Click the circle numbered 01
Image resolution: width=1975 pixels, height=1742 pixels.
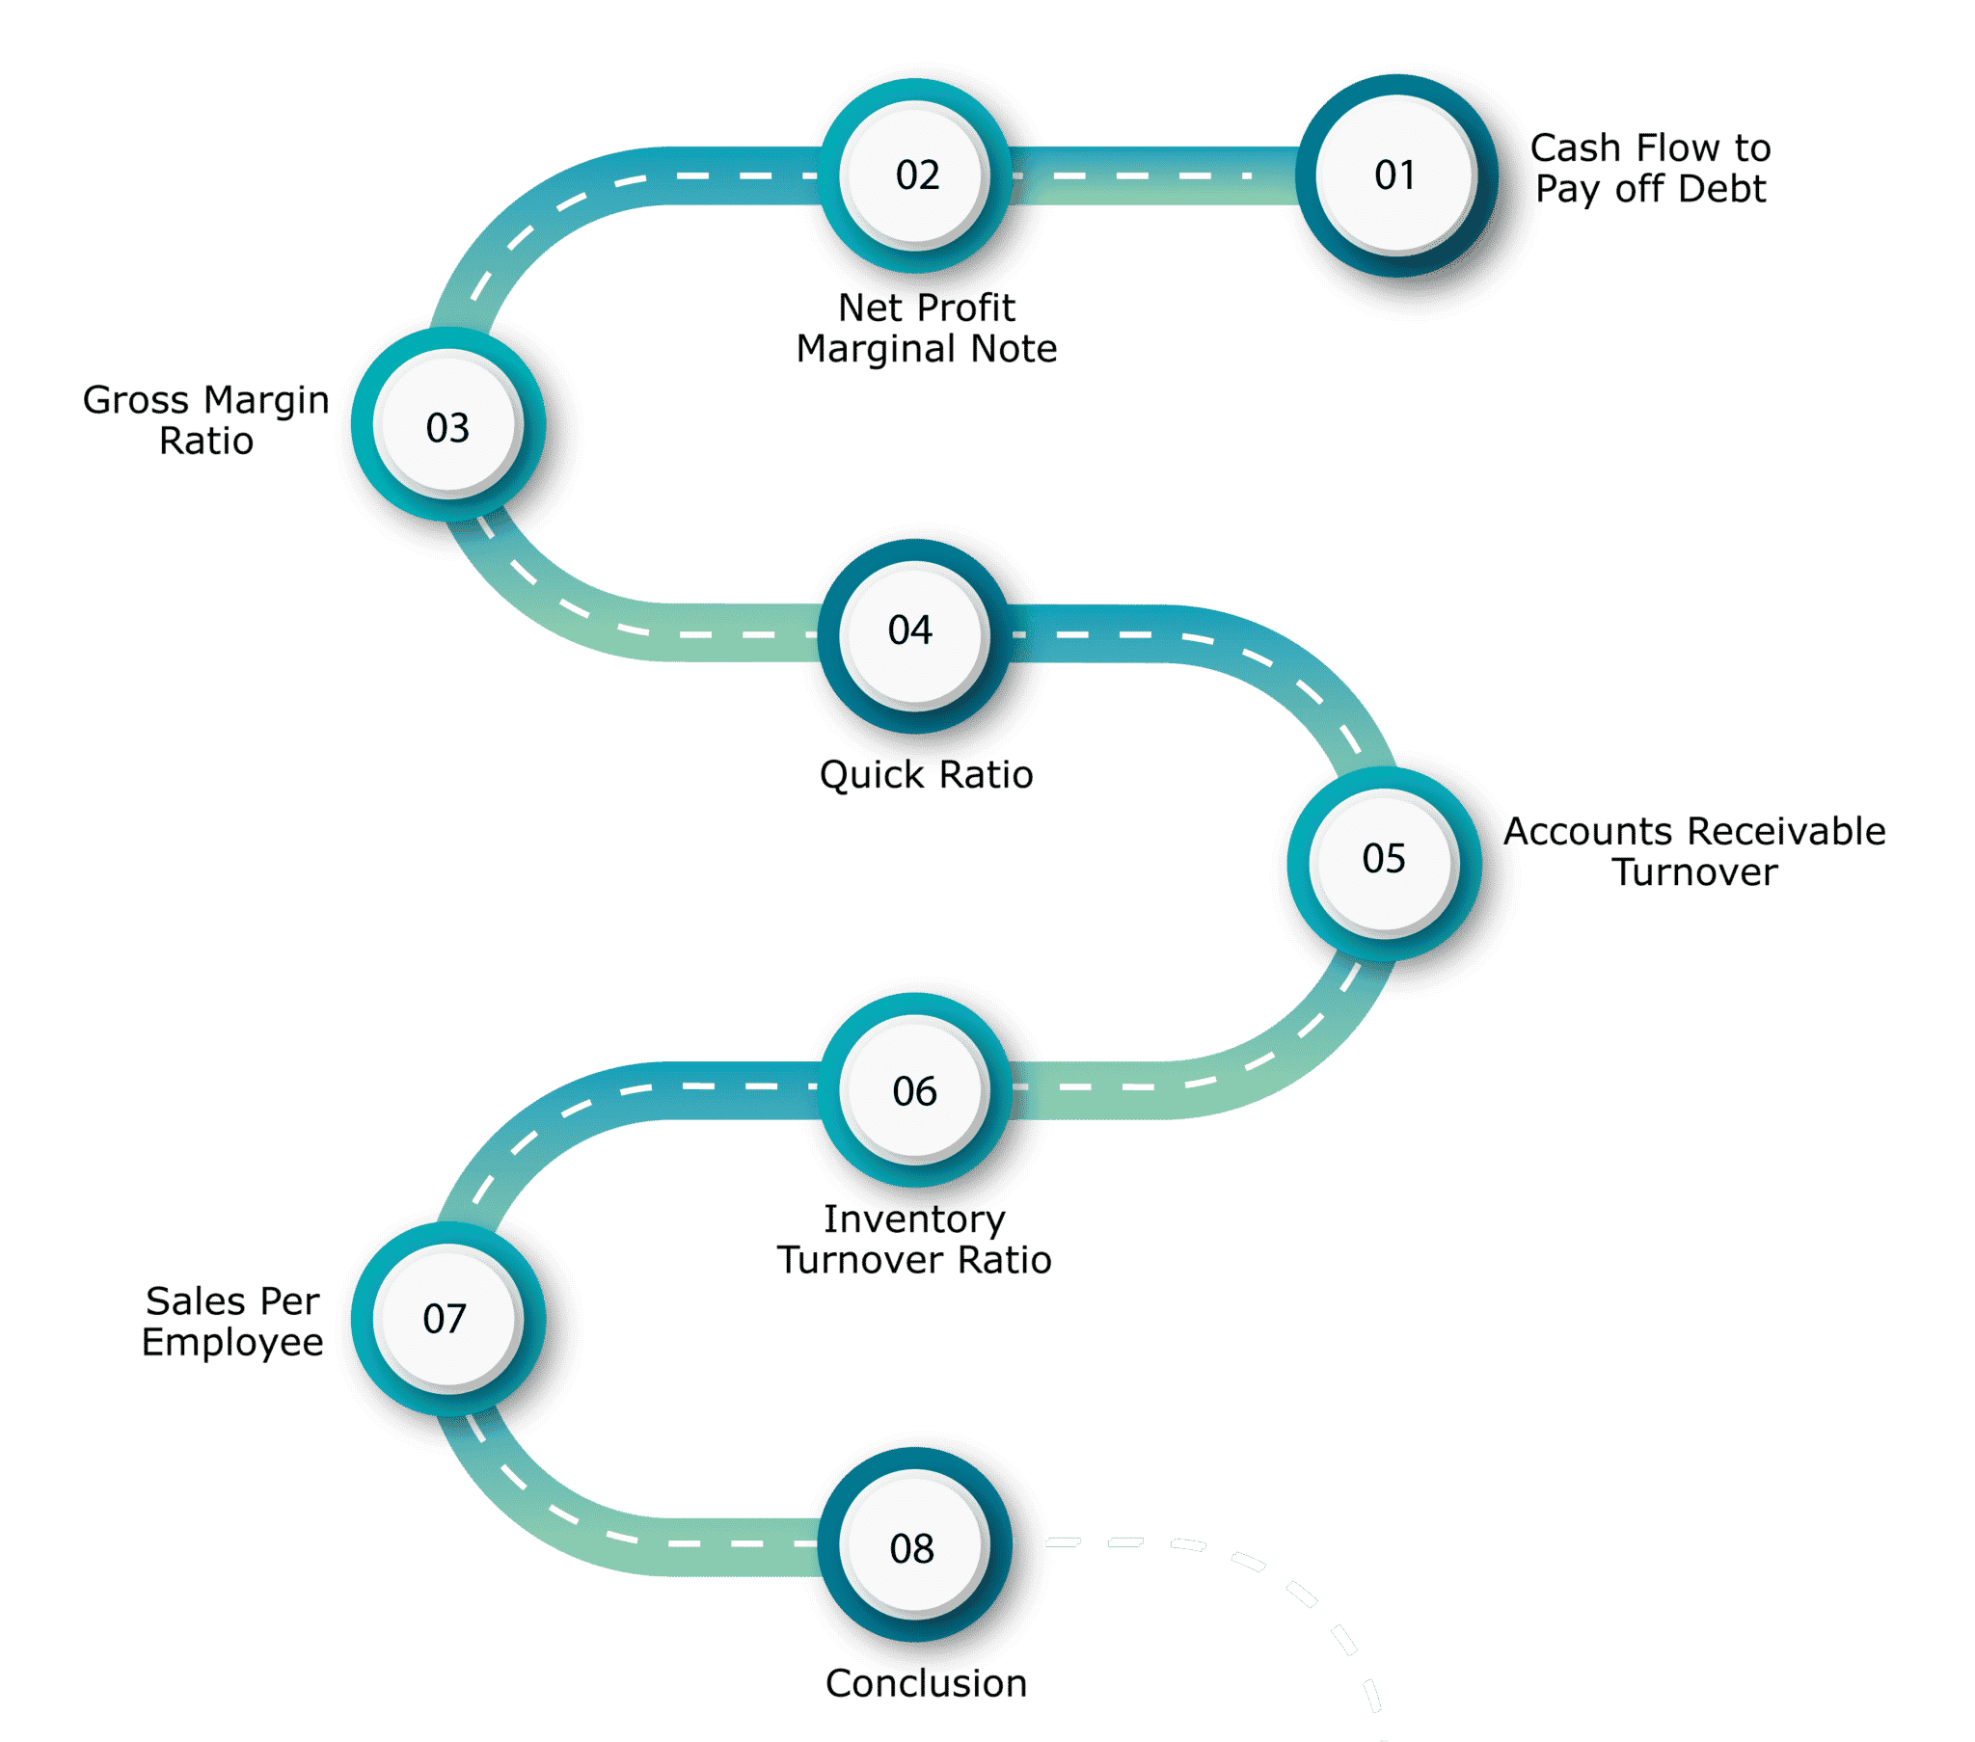[1396, 175]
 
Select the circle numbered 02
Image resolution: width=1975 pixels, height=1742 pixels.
[916, 175]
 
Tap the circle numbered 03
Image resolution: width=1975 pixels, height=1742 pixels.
[448, 425]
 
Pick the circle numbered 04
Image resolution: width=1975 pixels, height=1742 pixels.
[914, 635]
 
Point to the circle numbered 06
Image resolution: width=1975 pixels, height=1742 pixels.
[916, 1090]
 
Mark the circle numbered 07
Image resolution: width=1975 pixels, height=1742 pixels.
[448, 1319]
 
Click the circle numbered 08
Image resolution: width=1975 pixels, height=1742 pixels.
[914, 1544]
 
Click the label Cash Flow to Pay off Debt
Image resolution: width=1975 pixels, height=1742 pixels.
[1650, 168]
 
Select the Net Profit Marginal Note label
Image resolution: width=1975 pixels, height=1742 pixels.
[927, 329]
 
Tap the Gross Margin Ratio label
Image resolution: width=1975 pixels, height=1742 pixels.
[205, 420]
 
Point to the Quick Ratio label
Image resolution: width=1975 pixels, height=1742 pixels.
[926, 775]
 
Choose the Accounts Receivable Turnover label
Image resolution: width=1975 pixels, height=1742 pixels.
[1693, 851]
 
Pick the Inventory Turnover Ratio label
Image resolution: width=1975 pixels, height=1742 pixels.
[914, 1240]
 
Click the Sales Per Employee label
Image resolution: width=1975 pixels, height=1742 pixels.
[231, 1322]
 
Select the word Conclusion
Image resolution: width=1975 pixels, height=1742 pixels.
[926, 1683]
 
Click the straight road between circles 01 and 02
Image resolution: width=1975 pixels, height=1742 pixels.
[1154, 175]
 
